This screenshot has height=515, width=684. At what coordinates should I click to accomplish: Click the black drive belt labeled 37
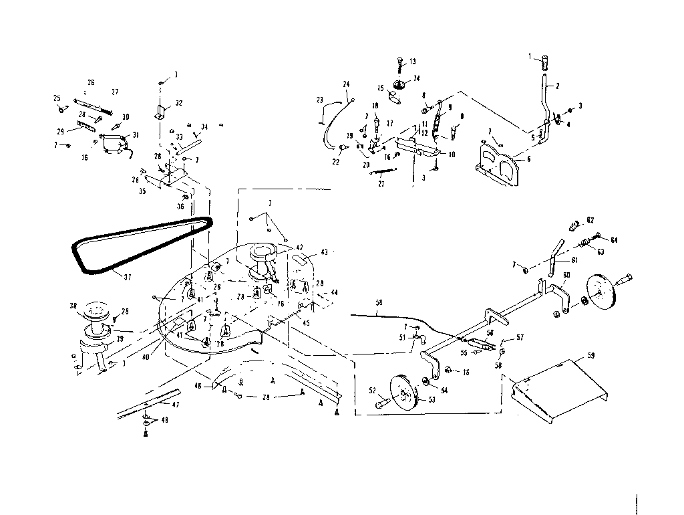point(79,255)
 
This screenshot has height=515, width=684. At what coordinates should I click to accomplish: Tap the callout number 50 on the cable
point(379,304)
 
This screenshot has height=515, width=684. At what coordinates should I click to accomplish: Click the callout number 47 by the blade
point(176,406)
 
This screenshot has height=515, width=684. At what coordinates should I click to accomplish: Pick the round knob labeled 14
point(401,84)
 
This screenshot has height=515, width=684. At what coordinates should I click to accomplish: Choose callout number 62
point(590,219)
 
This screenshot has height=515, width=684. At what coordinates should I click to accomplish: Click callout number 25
point(57,98)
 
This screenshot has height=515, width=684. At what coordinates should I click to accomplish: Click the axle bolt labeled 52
point(383,403)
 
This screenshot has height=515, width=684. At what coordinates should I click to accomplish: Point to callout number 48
point(165,420)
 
